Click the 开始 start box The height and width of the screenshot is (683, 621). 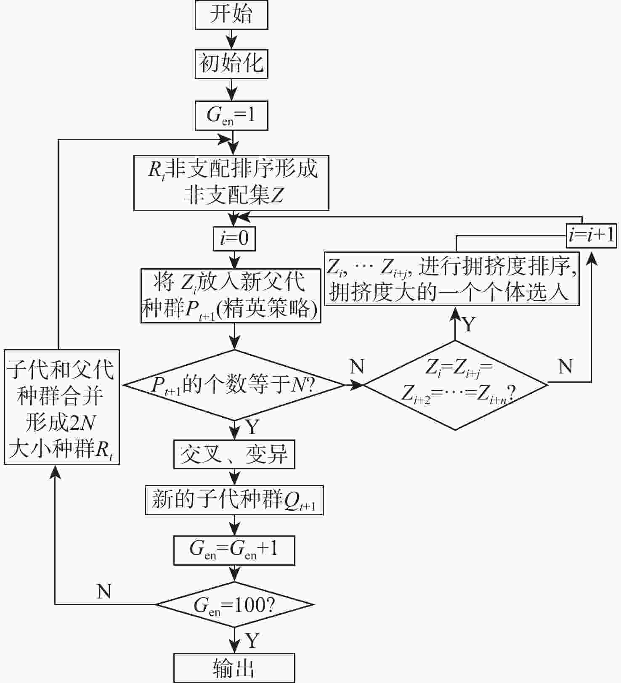pyautogui.click(x=231, y=15)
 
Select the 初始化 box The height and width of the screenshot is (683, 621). pyautogui.click(x=231, y=64)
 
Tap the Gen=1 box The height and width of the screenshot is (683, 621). pyautogui.click(x=231, y=115)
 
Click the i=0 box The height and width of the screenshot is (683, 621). pyautogui.click(x=234, y=238)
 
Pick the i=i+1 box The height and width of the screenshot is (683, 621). pyautogui.click(x=591, y=235)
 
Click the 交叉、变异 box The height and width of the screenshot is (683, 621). pyautogui.click(x=234, y=454)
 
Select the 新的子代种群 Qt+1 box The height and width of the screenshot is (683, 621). pyautogui.click(x=234, y=500)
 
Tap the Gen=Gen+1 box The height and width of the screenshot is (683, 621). pyautogui.click(x=234, y=550)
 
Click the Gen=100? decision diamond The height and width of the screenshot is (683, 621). pyautogui.click(x=234, y=605)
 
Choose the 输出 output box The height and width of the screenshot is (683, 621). pyautogui.click(x=234, y=667)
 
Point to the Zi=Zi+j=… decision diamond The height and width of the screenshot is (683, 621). pyautogui.click(x=455, y=384)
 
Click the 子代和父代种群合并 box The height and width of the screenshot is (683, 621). pyautogui.click(x=61, y=407)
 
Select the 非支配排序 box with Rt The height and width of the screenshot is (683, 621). pyautogui.click(x=231, y=183)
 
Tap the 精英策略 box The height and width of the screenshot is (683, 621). pyautogui.click(x=231, y=296)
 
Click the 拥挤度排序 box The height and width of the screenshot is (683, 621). pyautogui.click(x=451, y=279)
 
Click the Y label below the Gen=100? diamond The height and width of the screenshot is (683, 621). pyautogui.click(x=252, y=640)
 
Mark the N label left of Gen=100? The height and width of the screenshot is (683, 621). pyautogui.click(x=103, y=591)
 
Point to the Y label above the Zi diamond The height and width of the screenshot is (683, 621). pyautogui.click(x=469, y=324)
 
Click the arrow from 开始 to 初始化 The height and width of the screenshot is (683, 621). pyautogui.click(x=231, y=39)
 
